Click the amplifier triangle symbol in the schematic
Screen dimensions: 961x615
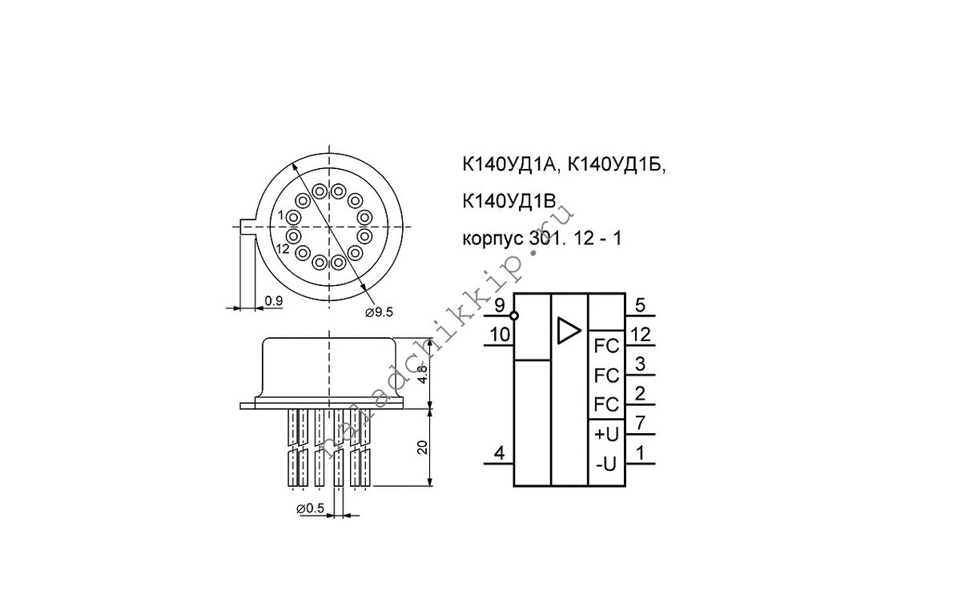click(569, 331)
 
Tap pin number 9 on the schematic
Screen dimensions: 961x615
click(500, 306)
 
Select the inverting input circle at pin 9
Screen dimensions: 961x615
click(514, 316)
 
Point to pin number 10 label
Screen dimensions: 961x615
click(500, 335)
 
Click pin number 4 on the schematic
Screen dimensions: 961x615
click(500, 454)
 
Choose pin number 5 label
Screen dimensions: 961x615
click(640, 306)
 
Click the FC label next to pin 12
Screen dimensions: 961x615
click(607, 346)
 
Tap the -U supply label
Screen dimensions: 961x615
click(607, 464)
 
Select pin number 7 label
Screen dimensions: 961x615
click(640, 424)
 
